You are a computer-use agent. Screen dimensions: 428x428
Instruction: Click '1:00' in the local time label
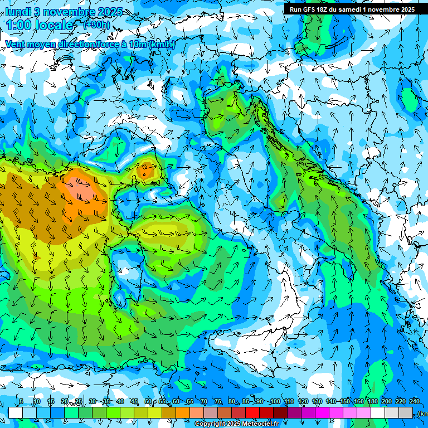pos(17,25)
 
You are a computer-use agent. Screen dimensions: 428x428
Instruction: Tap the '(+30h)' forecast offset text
pos(96,25)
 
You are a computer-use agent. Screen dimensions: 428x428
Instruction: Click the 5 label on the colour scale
pos(21,402)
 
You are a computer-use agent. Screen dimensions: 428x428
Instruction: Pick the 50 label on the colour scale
pos(148,402)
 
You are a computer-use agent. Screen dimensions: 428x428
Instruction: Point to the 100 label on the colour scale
pos(275,402)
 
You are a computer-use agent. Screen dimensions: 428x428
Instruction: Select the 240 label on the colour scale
pos(415,402)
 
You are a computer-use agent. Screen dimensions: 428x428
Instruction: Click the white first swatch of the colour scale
pos(15,412)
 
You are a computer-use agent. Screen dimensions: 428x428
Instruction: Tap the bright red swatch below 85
pos(252,412)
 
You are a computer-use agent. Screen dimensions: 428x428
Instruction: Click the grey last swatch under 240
pos(406,412)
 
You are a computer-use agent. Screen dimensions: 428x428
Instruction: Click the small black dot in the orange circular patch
pos(144,174)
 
